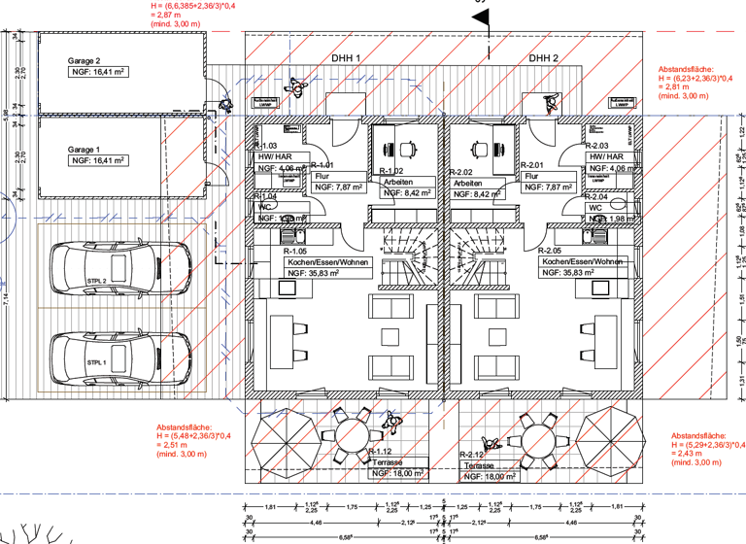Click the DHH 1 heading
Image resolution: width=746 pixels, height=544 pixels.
coord(346,58)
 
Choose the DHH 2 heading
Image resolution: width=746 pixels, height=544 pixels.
coord(544,58)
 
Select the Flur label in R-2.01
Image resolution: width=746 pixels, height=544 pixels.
coord(531,177)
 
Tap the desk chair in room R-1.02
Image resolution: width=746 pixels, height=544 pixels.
coord(407,149)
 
